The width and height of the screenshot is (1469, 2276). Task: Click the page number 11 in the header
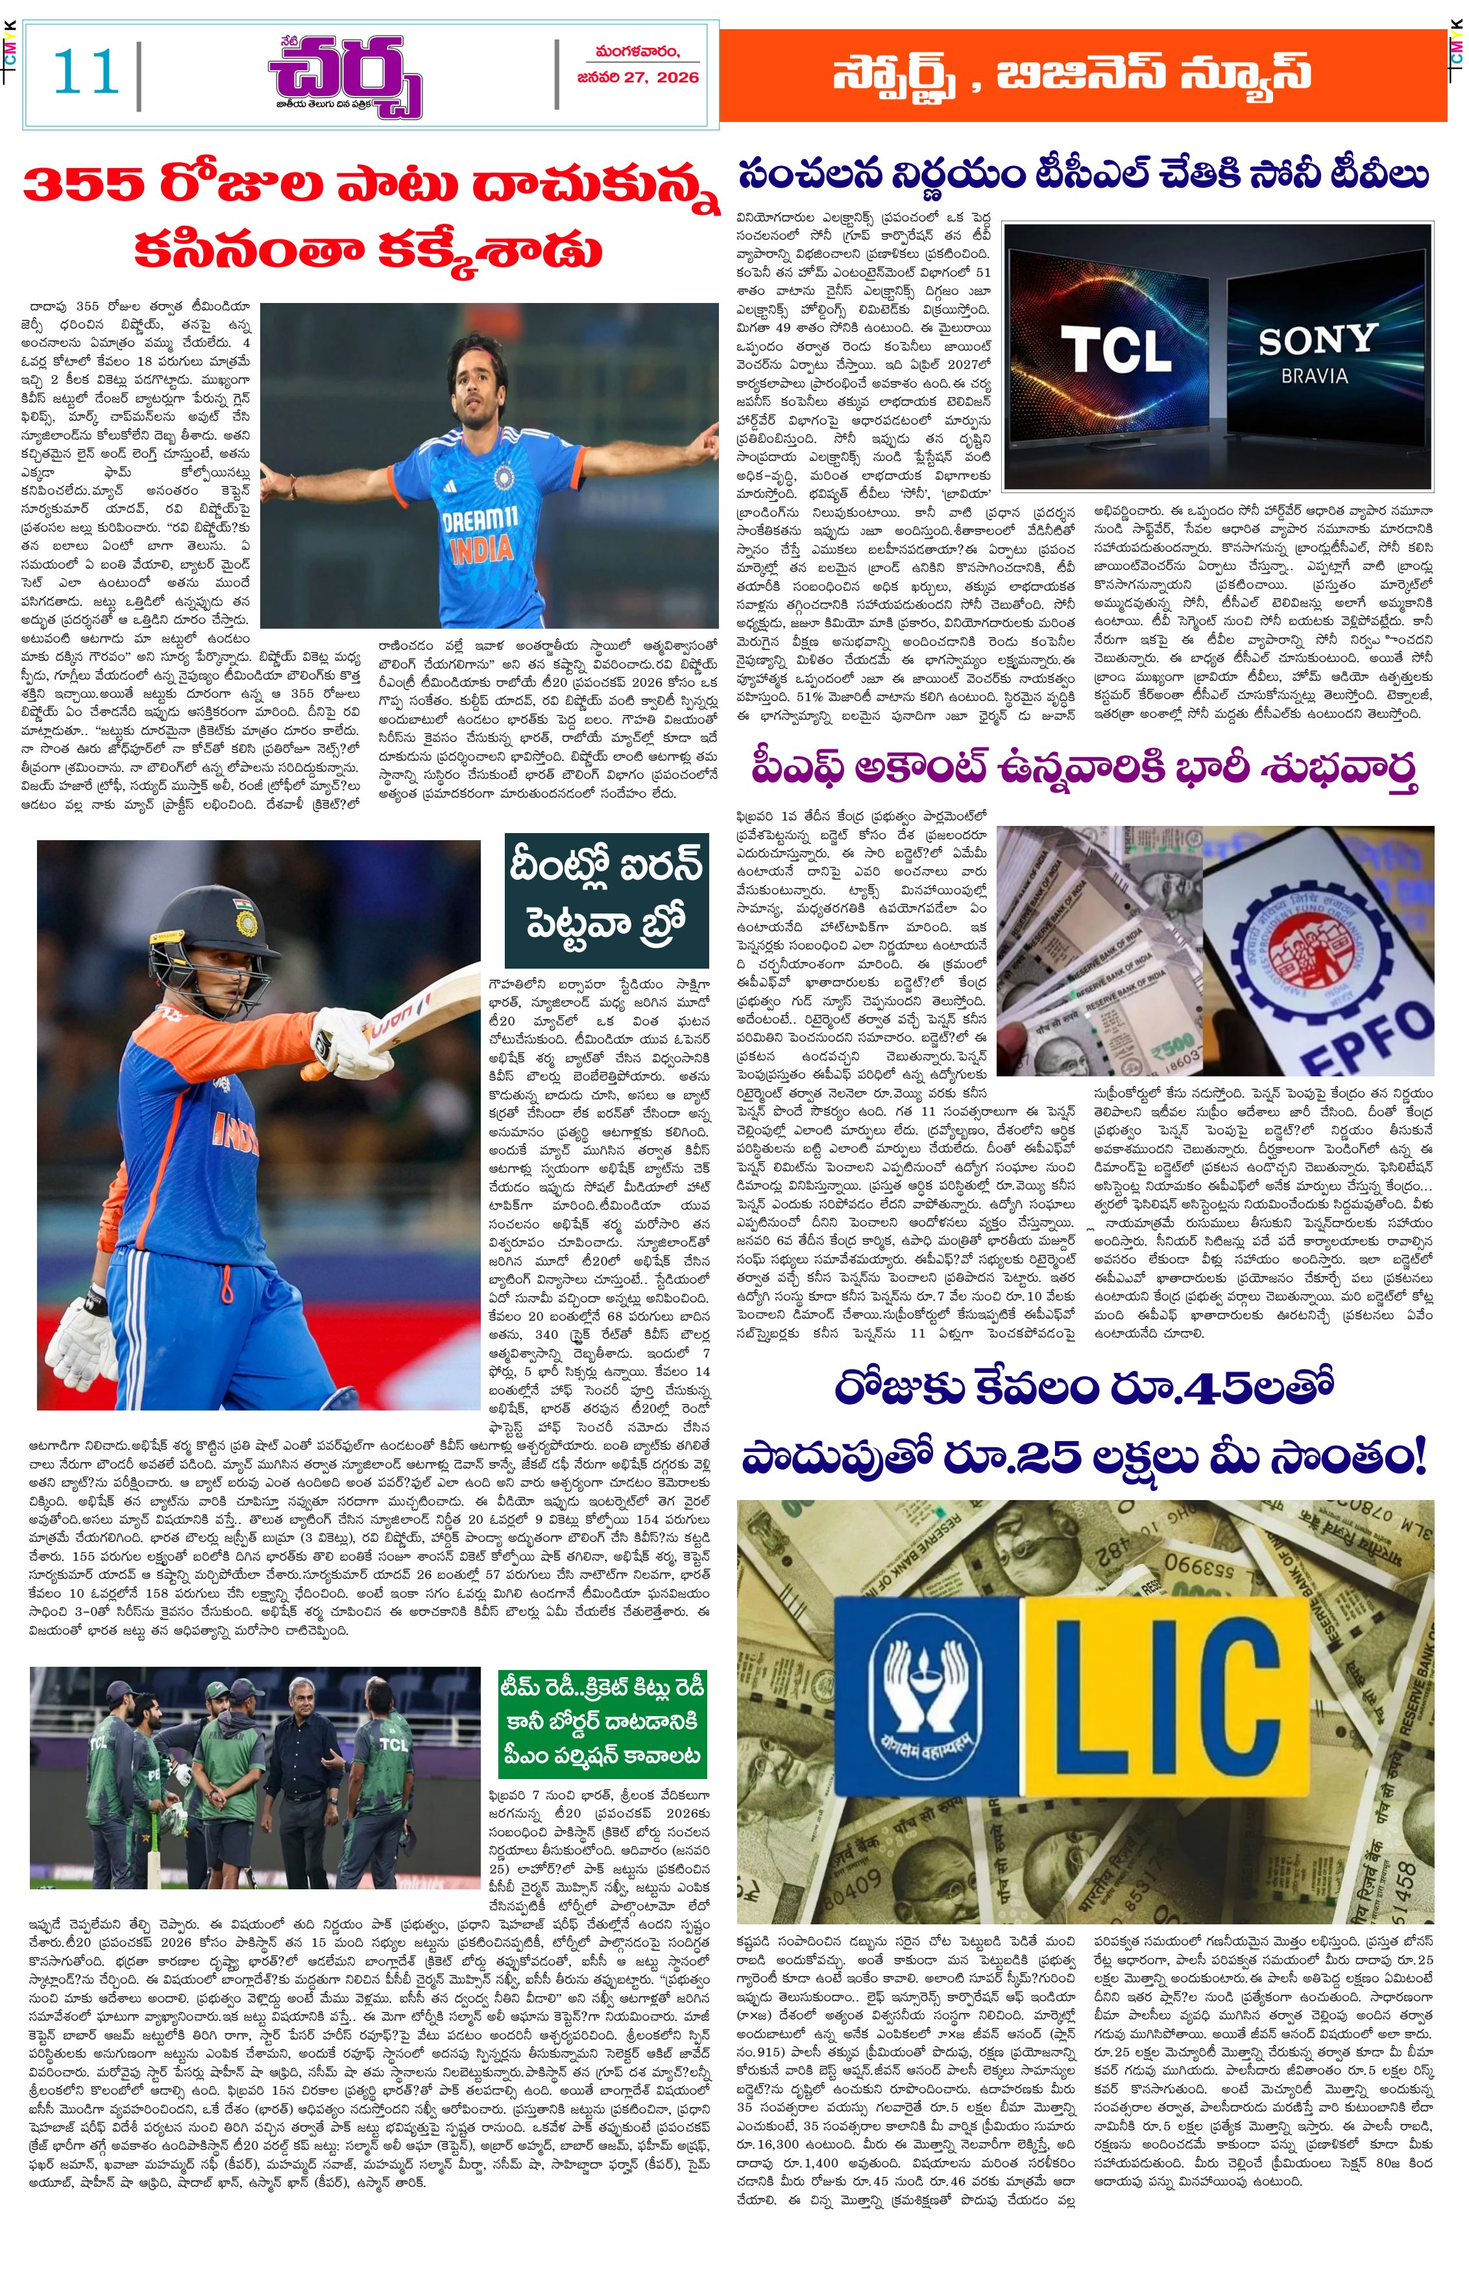(x=85, y=73)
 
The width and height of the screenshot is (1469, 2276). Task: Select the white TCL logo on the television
(x=1115, y=350)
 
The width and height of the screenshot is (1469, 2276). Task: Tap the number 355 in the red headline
(x=83, y=184)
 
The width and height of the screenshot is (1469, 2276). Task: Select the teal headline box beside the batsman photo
(x=607, y=899)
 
